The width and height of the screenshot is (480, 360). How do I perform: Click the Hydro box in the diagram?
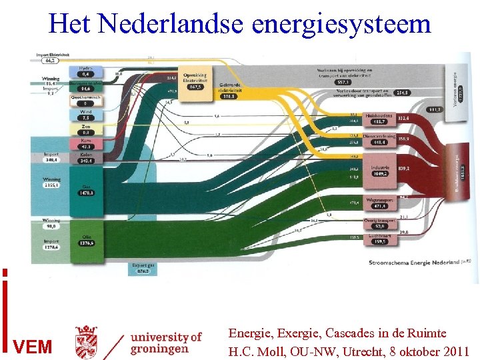click(85, 71)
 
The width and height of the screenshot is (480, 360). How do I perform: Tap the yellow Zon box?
click(85, 129)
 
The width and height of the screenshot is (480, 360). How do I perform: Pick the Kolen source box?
click(85, 158)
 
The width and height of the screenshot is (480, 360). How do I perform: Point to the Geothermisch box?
click(85, 99)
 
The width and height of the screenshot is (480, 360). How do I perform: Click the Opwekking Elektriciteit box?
click(195, 81)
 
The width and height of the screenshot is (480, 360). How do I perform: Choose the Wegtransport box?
click(379, 203)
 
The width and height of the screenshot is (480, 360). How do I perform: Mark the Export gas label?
click(143, 268)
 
